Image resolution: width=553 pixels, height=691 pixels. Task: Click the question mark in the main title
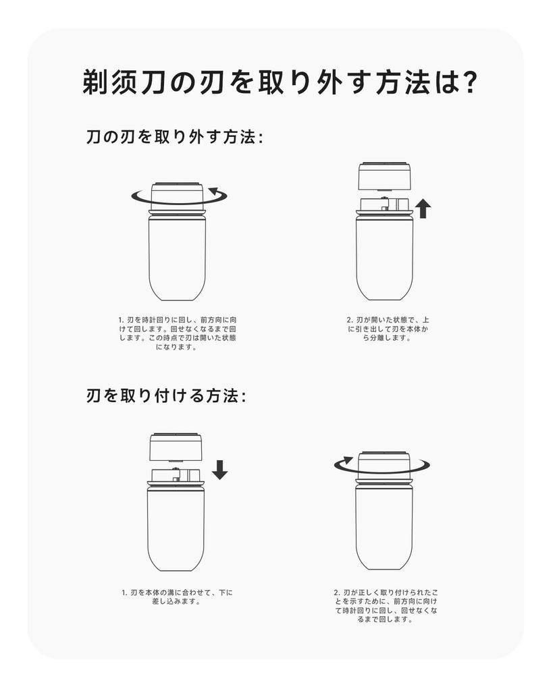coord(466,81)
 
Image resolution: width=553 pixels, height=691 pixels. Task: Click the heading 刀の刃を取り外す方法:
coord(175,137)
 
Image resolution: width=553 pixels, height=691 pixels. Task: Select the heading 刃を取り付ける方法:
coord(166,395)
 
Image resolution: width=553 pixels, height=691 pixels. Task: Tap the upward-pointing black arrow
coord(423,209)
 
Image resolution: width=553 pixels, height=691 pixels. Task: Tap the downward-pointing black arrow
coord(219,470)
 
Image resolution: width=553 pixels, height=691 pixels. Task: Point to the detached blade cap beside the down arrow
coord(176,448)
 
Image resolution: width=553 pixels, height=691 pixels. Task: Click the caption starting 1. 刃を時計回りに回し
coord(178,333)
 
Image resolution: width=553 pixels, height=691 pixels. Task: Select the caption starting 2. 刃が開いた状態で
coord(387,329)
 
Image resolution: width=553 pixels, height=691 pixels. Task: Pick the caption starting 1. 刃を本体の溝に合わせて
coord(177,597)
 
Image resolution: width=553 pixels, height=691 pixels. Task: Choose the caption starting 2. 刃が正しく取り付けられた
coord(386,606)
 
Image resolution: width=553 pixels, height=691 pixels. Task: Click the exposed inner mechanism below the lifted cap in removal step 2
coord(385,204)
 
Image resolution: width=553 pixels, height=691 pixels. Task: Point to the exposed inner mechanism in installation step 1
coord(176,475)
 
